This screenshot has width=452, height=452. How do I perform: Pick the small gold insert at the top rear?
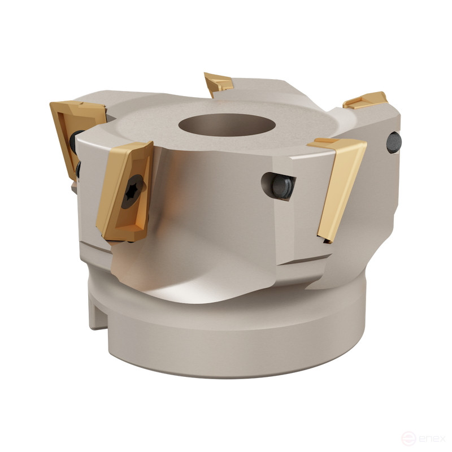coord(218,82)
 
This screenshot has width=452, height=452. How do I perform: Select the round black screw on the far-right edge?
coord(394,141)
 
